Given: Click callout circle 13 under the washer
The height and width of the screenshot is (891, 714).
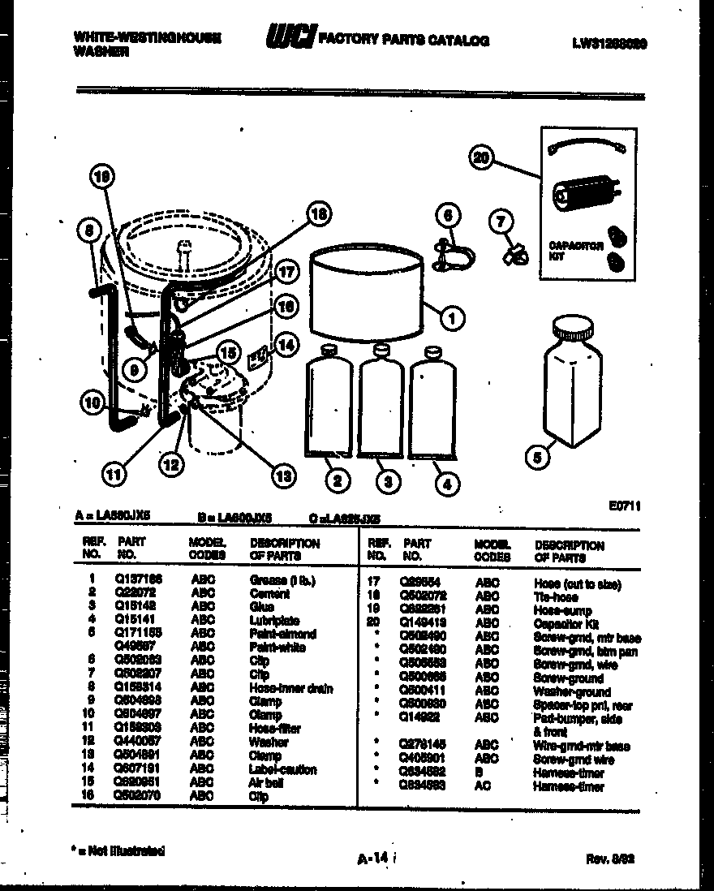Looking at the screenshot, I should click(282, 477).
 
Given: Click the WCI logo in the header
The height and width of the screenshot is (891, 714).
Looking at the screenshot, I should click(291, 38).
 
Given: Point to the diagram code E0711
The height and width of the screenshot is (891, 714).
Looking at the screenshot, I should click(625, 506).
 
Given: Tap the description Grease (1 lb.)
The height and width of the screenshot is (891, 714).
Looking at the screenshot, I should click(282, 580).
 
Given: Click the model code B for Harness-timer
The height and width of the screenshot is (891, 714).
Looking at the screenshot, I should click(480, 773).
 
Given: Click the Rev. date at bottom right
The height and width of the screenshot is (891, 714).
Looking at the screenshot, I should click(609, 859).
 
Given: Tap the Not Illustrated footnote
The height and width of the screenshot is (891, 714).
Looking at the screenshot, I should click(118, 851).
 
